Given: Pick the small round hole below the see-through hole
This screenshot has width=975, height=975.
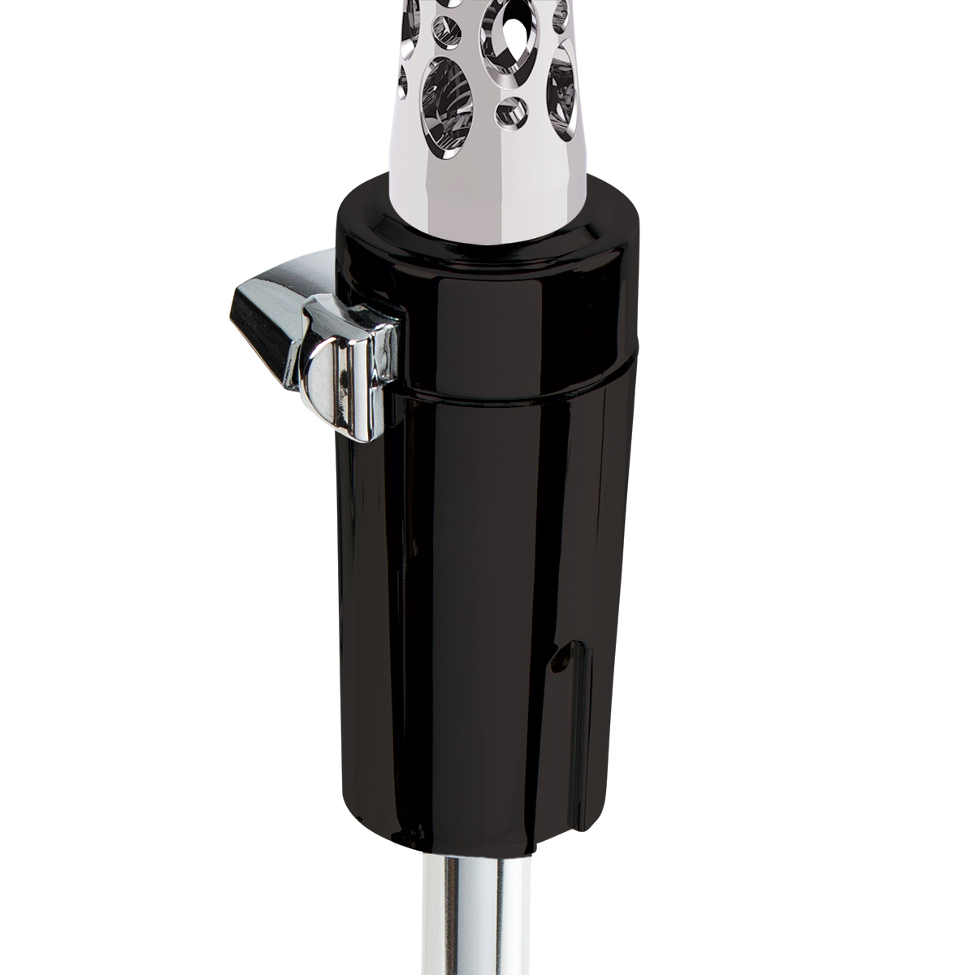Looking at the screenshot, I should [512, 106].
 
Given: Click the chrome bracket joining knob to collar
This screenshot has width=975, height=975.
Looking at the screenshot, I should [382, 349].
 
